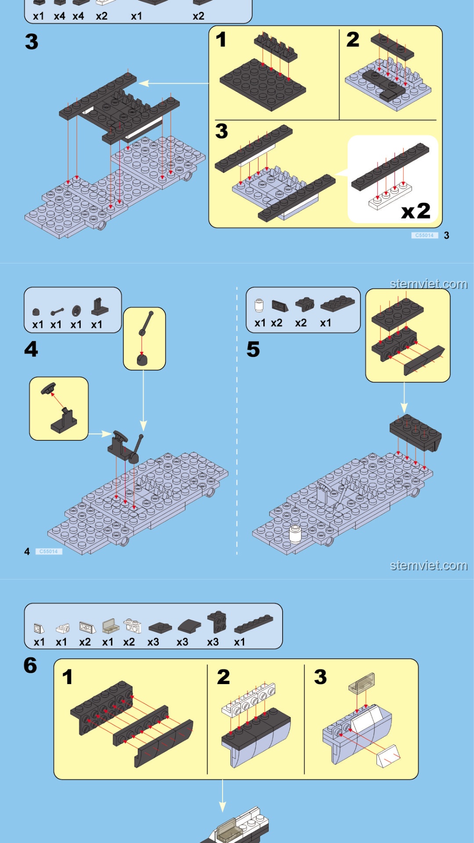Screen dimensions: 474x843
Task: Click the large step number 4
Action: point(31,349)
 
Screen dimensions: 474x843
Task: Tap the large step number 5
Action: point(253,349)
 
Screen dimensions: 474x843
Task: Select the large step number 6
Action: point(30,665)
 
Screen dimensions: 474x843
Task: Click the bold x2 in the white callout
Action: point(416,211)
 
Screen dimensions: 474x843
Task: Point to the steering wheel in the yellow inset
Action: point(48,389)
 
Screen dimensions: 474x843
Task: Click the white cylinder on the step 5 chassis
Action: point(295,534)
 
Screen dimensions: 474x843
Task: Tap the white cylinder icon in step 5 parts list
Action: point(259,305)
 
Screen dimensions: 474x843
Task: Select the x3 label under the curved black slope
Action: point(182,642)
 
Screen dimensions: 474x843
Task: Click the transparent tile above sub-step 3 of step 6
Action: point(362,682)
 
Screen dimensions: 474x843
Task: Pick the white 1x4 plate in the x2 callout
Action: point(391,196)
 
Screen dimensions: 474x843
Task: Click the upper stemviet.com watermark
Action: point(429,284)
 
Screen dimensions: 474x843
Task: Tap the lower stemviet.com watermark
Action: point(429,566)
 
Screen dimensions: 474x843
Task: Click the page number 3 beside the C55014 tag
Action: point(446,235)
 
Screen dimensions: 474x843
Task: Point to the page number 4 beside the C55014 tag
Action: point(27,551)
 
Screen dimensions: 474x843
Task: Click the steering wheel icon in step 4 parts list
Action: point(76,311)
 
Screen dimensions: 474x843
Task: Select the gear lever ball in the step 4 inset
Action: point(142,360)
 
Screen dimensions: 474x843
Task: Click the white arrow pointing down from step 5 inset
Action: point(404,397)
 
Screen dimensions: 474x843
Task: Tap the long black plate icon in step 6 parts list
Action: point(254,624)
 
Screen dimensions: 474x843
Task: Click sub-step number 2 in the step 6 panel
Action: point(223,677)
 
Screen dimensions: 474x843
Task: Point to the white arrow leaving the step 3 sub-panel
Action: point(174,83)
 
